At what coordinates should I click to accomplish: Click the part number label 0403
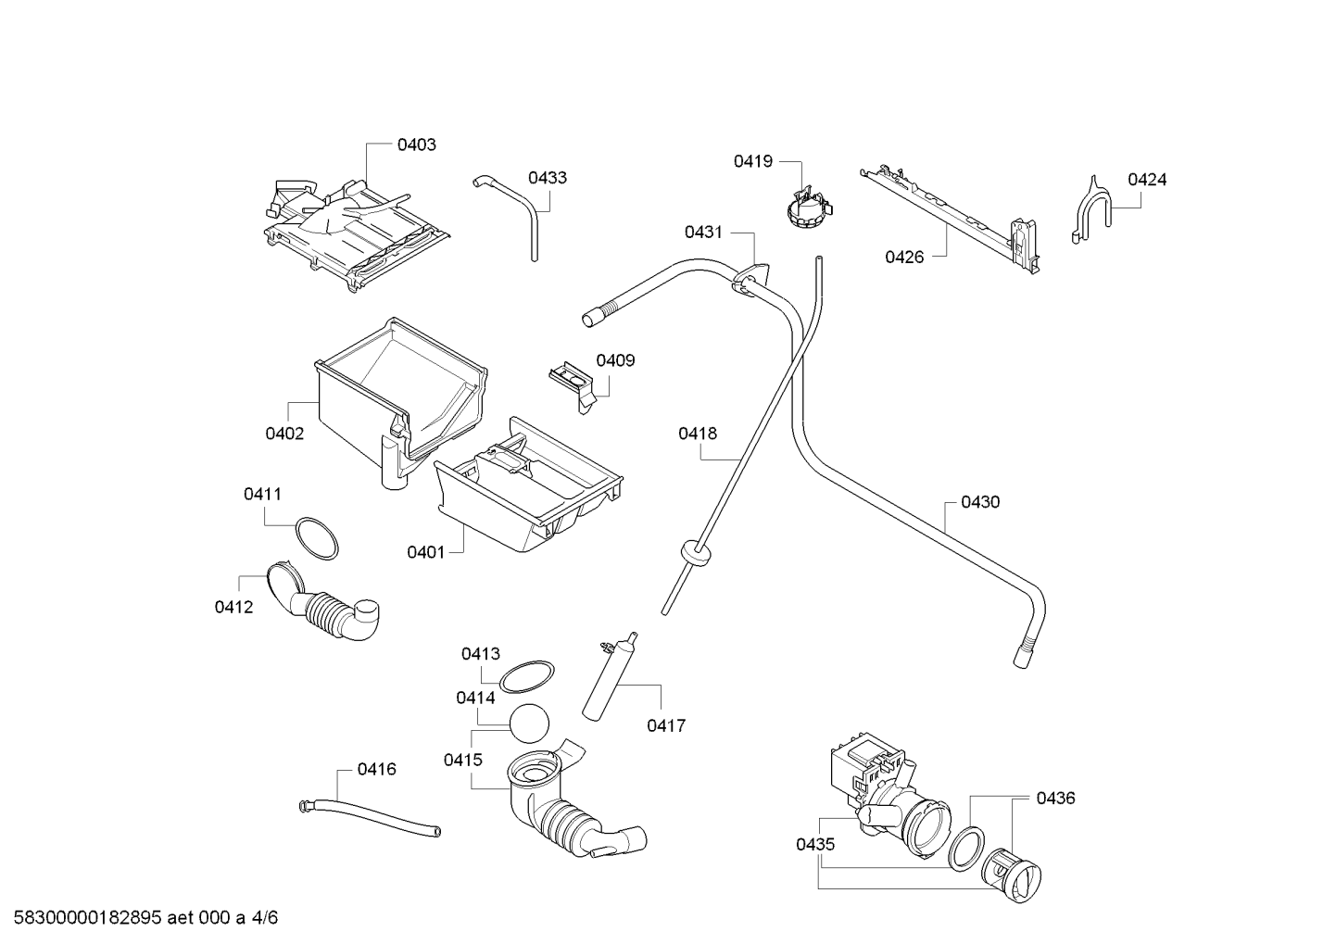[x=416, y=145]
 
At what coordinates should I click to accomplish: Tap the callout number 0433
[x=547, y=178]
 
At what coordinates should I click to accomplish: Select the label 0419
[x=752, y=161]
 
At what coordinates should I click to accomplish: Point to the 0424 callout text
[x=1147, y=180]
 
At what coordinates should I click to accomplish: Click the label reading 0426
[x=904, y=257]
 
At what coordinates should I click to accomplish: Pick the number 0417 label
[x=666, y=725]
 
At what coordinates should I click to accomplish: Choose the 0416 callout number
[x=376, y=769]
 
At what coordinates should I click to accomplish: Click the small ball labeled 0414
[x=529, y=724]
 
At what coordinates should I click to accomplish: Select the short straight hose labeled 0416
[x=370, y=817]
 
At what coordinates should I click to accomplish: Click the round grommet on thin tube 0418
[x=694, y=553]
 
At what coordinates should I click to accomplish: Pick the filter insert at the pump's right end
[x=1011, y=875]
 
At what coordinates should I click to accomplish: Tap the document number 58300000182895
[x=87, y=918]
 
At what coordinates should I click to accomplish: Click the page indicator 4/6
[x=264, y=918]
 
